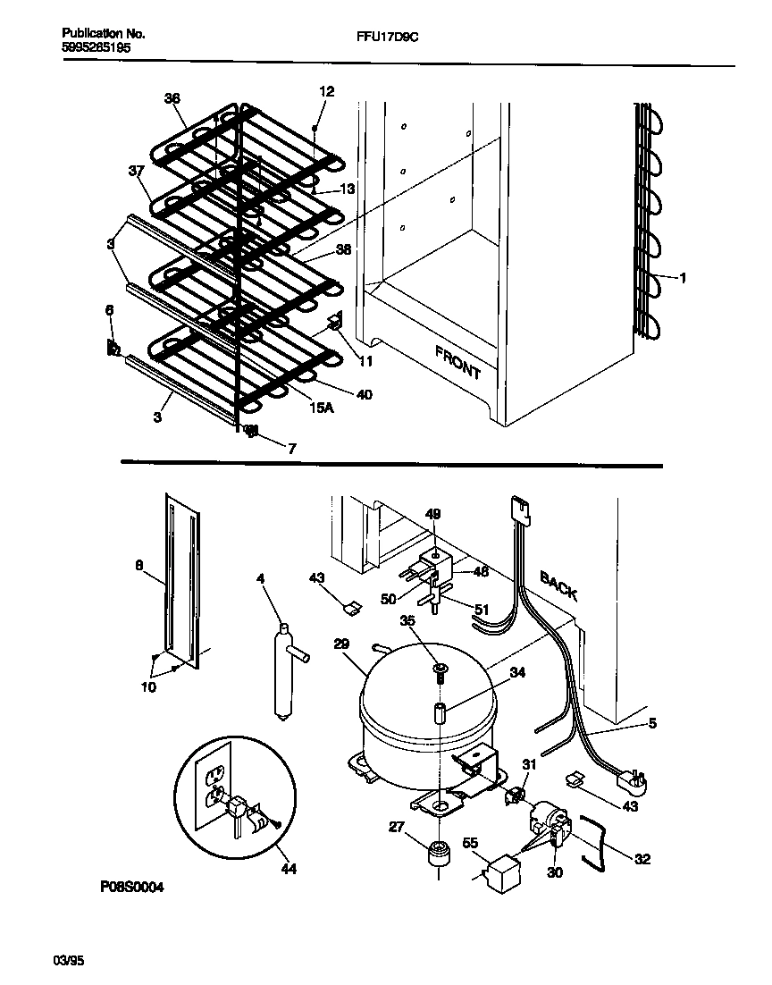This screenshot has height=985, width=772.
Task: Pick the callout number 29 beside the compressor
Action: click(340, 644)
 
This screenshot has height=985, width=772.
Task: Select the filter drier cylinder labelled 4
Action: click(284, 670)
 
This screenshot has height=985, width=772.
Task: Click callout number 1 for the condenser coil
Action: click(683, 278)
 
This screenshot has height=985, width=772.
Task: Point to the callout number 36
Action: click(172, 99)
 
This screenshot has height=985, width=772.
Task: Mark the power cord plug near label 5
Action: click(633, 784)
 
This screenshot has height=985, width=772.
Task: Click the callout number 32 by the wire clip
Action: click(642, 860)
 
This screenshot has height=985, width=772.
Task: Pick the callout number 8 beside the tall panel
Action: click(138, 565)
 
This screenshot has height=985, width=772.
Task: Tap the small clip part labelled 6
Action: click(113, 348)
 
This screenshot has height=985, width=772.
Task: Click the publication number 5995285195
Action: click(96, 48)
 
